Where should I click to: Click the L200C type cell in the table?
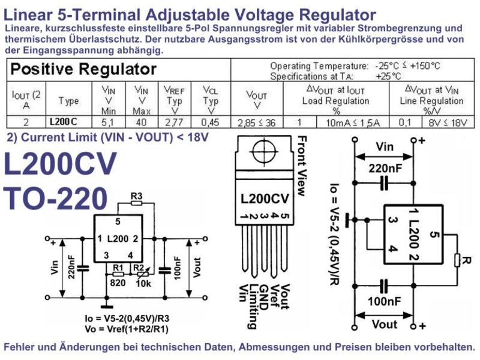pos(68,122)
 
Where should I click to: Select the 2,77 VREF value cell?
pos(175,122)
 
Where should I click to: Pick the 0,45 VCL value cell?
pos(211,122)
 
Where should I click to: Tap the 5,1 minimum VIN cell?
pos(109,122)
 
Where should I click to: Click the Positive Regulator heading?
pos(83,69)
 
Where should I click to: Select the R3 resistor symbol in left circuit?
pos(137,203)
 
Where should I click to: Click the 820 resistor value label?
pos(118,283)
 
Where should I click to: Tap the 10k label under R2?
pos(143,284)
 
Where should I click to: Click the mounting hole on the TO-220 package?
pos(264,151)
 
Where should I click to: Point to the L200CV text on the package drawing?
pos(265,199)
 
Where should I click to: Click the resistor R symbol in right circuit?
pos(457,260)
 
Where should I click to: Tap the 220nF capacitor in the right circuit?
pos(385,183)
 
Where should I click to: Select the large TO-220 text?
pos(55,198)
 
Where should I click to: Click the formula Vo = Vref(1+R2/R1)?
pos(127,329)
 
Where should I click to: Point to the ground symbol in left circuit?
pos(107,306)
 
